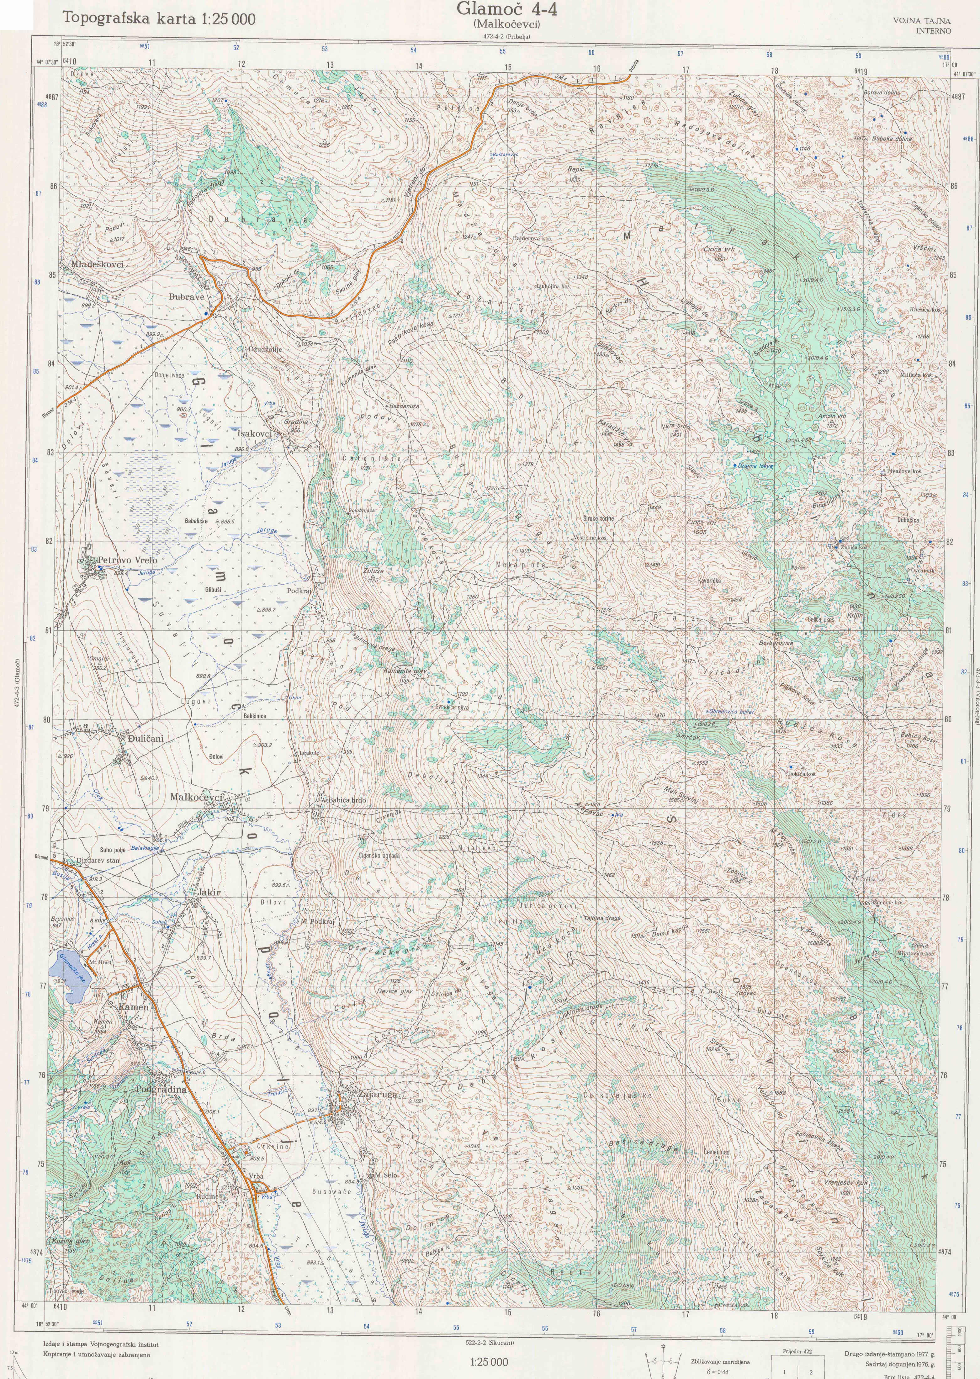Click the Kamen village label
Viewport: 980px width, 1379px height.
coord(133,1007)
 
